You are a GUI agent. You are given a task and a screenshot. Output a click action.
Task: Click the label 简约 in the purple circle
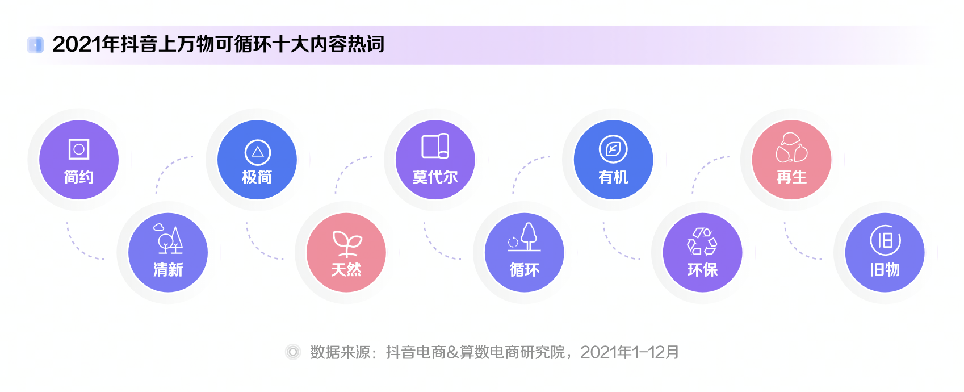click(x=79, y=177)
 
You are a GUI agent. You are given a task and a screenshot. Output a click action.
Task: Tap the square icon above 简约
click(x=79, y=149)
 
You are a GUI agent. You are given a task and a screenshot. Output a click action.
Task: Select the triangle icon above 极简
click(x=257, y=152)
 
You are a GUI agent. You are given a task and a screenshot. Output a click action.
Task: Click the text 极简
click(x=257, y=177)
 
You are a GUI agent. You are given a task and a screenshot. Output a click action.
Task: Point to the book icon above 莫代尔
click(x=435, y=146)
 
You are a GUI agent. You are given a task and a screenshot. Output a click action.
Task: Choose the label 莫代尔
click(x=435, y=177)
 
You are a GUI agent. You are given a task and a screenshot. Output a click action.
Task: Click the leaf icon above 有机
click(x=613, y=149)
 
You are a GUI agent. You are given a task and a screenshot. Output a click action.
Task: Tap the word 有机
click(x=613, y=177)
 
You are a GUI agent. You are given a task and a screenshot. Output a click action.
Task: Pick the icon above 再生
click(x=791, y=147)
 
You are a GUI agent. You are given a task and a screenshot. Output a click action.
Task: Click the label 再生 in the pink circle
click(x=791, y=177)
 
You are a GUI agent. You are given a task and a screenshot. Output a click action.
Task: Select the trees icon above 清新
click(x=168, y=239)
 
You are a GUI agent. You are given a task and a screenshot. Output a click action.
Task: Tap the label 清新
click(x=168, y=269)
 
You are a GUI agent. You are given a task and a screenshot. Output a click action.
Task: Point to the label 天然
click(x=346, y=269)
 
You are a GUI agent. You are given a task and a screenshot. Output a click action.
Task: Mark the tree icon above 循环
click(x=525, y=237)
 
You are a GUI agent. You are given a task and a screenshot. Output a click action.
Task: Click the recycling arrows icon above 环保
click(x=702, y=241)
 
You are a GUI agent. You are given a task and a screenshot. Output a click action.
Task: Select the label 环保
click(x=702, y=269)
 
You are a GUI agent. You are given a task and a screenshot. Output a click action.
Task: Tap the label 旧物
click(x=885, y=269)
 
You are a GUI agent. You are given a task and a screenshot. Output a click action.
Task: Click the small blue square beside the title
click(x=35, y=45)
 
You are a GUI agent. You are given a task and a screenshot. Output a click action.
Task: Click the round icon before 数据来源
click(x=293, y=352)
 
